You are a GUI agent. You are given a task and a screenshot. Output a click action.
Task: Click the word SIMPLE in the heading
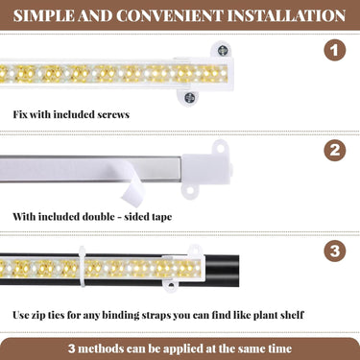(43, 15)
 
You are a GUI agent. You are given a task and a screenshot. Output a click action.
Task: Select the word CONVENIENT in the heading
(169, 15)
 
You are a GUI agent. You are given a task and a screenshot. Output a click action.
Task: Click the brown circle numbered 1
(335, 50)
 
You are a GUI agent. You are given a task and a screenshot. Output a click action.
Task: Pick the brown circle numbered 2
(335, 150)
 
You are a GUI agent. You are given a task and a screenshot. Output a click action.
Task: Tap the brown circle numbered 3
(335, 251)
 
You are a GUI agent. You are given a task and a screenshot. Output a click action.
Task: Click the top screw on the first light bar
(222, 51)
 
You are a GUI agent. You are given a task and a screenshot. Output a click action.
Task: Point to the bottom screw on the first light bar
(189, 97)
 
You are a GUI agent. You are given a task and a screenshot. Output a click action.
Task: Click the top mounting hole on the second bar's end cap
(221, 148)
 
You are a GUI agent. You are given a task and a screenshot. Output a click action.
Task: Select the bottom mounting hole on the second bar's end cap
(190, 191)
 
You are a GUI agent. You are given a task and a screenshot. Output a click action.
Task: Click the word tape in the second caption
(161, 217)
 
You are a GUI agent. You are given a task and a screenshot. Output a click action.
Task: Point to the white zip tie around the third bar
(83, 266)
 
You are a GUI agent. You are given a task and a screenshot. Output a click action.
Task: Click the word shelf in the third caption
(292, 315)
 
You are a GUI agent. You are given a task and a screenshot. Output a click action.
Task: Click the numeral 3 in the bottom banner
(72, 348)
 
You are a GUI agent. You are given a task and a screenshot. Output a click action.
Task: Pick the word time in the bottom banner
(279, 348)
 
